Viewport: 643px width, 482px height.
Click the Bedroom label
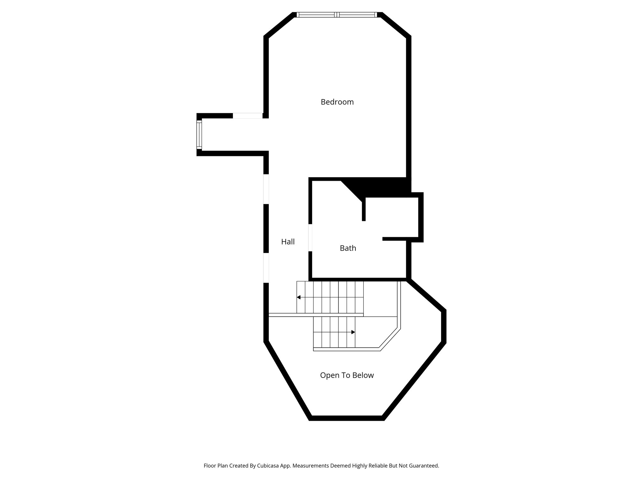coord(337,102)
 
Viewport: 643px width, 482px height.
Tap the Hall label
coord(288,242)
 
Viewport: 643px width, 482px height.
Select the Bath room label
coord(348,248)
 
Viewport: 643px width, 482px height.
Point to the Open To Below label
coord(347,375)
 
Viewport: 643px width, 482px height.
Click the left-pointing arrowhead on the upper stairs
coord(299,297)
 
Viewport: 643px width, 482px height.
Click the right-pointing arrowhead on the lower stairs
coord(353,332)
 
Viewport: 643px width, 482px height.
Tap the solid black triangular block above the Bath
coord(377,188)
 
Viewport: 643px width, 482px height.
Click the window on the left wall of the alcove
coord(199,135)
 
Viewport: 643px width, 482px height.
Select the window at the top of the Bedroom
coord(336,15)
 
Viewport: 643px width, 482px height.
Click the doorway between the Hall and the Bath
coord(310,238)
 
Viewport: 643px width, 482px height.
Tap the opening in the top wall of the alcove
coord(247,116)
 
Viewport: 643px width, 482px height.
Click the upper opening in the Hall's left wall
coord(266,189)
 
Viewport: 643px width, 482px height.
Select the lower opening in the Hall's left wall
coord(266,268)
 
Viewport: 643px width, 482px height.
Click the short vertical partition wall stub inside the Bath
coord(364,210)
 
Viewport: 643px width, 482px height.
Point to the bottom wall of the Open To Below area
coord(347,418)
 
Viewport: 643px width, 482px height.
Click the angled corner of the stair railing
coord(390,339)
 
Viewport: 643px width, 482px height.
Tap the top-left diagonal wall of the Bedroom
coord(279,25)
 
